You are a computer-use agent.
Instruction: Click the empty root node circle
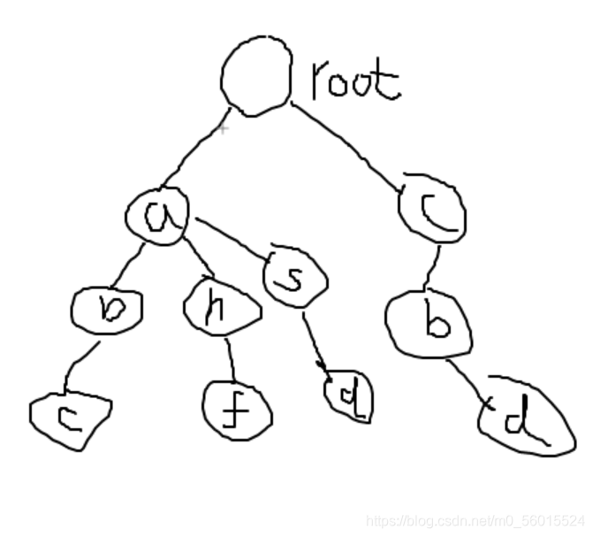(255, 78)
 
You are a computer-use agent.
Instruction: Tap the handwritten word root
(355, 81)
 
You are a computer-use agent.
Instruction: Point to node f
(236, 409)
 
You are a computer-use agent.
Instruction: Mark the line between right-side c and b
(434, 264)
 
